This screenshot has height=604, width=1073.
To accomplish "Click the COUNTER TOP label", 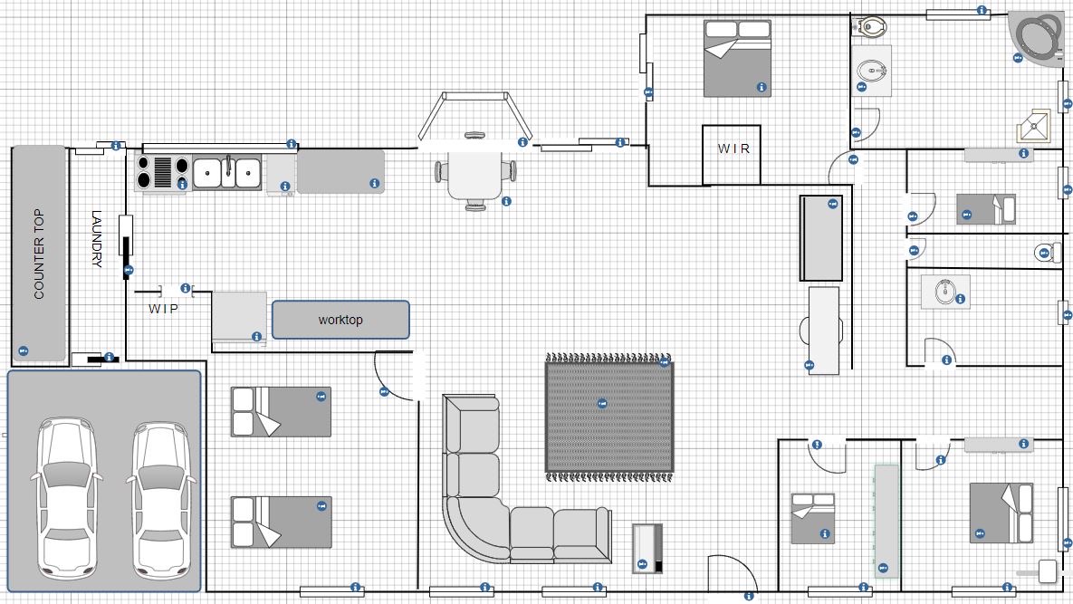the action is click(x=39, y=254).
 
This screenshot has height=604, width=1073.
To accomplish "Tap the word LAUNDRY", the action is click(x=97, y=238).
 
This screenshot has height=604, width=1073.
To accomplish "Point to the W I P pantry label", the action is click(x=164, y=309).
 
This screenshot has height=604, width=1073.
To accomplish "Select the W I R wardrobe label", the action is click(x=733, y=149).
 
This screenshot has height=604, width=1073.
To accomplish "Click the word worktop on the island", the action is click(x=340, y=320).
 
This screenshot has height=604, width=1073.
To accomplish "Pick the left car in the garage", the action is click(x=66, y=498).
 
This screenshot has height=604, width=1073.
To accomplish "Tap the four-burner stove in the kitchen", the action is click(x=162, y=172).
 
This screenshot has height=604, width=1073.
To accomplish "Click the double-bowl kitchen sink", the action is click(x=226, y=173).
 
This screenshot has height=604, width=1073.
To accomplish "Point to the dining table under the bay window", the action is click(x=475, y=172).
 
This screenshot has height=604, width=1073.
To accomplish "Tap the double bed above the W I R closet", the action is click(x=738, y=58).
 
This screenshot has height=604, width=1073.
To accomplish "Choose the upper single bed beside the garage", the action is click(x=282, y=412).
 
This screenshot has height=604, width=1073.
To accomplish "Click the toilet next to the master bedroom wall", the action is click(x=870, y=27).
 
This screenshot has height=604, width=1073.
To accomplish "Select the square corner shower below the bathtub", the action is click(x=1032, y=126).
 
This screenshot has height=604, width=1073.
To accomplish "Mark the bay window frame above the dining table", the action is click(x=474, y=115).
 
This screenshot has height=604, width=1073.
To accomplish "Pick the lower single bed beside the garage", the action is click(x=282, y=522).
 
